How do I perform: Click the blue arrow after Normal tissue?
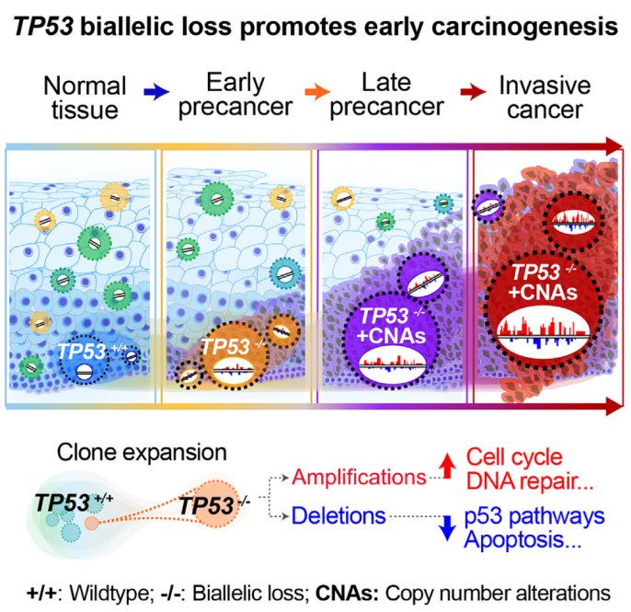(x=157, y=91)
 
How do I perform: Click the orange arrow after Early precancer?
(x=318, y=91)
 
